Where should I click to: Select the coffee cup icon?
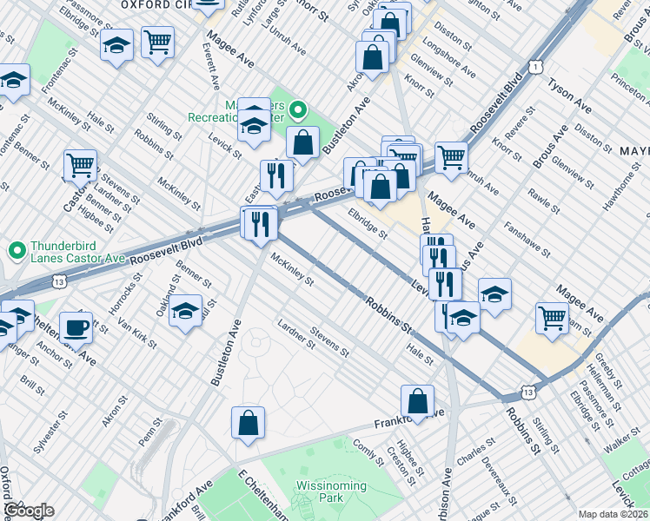[76, 328]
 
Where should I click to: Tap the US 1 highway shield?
[539, 66]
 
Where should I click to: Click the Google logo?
[28, 510]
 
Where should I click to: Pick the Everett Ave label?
[212, 67]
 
